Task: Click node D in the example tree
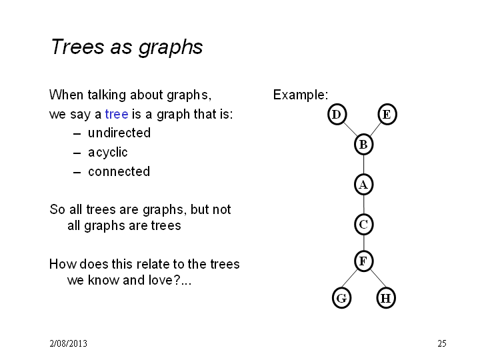tap(337, 115)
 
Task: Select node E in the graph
tap(387, 115)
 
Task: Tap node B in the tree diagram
tap(363, 144)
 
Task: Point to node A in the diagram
tap(363, 185)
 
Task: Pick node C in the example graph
tap(363, 225)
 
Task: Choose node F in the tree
tap(363, 261)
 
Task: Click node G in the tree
tap(341, 298)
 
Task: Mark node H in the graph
tap(386, 298)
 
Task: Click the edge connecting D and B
tap(350, 129)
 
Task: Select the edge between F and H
tap(378, 279)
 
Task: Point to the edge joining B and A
tap(364, 165)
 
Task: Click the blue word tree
tap(117, 114)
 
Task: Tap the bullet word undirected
tap(119, 133)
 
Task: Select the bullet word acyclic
tap(108, 153)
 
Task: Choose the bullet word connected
tap(119, 171)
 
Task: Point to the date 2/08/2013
tap(68, 343)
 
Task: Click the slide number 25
tap(442, 343)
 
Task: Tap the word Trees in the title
tap(78, 47)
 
